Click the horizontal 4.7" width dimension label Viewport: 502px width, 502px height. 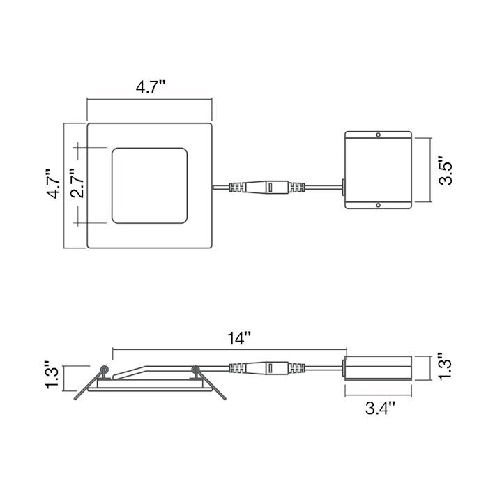click(x=149, y=88)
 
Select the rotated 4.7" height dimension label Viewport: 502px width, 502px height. click(x=54, y=185)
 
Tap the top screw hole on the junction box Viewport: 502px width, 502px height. click(x=378, y=135)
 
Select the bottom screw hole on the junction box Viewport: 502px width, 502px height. click(x=378, y=206)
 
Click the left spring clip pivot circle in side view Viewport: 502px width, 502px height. click(x=105, y=370)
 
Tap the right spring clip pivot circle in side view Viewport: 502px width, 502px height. click(x=195, y=370)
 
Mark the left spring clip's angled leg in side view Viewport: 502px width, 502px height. click(x=86, y=385)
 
